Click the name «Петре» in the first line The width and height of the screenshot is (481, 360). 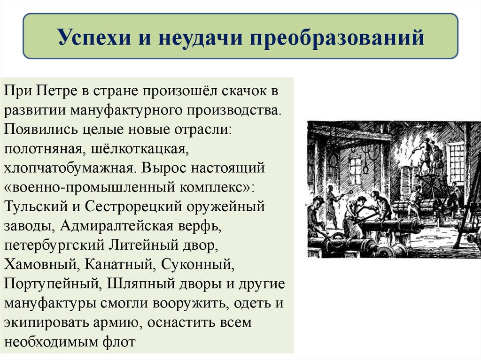pyautogui.click(x=58, y=91)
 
